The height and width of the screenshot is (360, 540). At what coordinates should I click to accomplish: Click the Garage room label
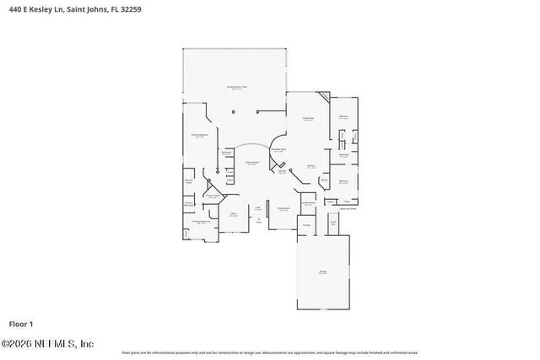(322, 271)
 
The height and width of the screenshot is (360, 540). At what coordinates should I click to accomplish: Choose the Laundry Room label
(309, 203)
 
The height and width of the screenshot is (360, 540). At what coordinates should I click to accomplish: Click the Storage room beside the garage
(307, 225)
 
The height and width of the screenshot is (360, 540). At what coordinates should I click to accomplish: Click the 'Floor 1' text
(20, 323)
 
